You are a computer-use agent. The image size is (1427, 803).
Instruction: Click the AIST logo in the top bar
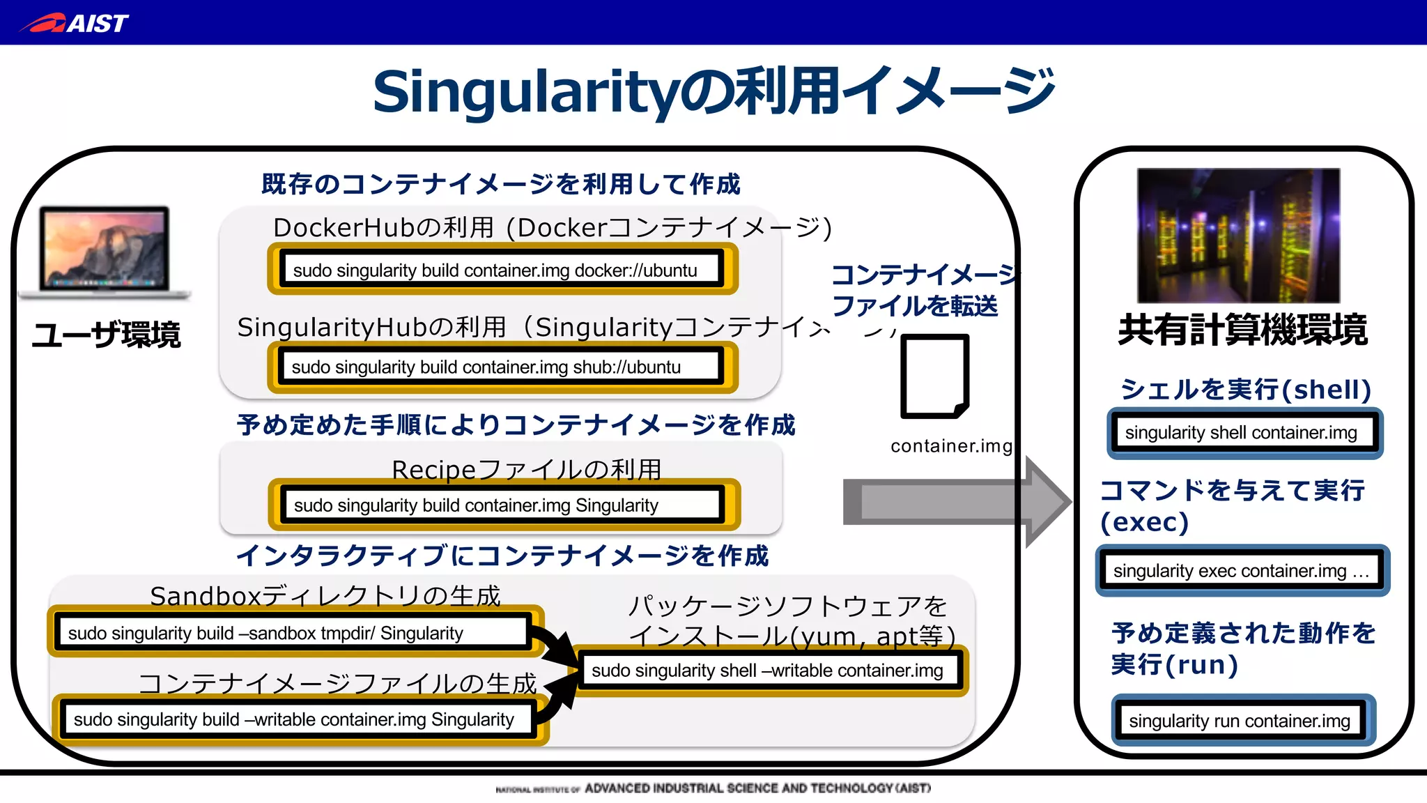75,23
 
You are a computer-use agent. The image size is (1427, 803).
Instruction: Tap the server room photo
1238,235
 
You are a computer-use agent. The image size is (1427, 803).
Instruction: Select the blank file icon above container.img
934,376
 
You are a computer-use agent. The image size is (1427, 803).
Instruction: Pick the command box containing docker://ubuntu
502,270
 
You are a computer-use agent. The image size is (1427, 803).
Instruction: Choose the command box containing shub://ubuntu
502,367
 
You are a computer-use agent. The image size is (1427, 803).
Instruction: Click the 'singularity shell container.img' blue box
1244,433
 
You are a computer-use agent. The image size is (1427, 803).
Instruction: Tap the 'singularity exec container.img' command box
1242,571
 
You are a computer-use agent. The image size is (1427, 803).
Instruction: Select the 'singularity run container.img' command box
1243,720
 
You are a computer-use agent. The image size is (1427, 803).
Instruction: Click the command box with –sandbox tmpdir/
294,632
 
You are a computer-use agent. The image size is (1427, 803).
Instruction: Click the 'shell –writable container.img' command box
771,671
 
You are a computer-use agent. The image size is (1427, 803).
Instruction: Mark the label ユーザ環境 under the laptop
106,335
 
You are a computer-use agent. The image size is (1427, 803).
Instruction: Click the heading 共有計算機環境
1242,330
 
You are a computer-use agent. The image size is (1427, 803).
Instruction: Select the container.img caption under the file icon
951,446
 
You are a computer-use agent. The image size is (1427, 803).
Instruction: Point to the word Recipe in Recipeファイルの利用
433,470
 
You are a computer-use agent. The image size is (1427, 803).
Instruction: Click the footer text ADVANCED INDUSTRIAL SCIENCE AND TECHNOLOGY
757,788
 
